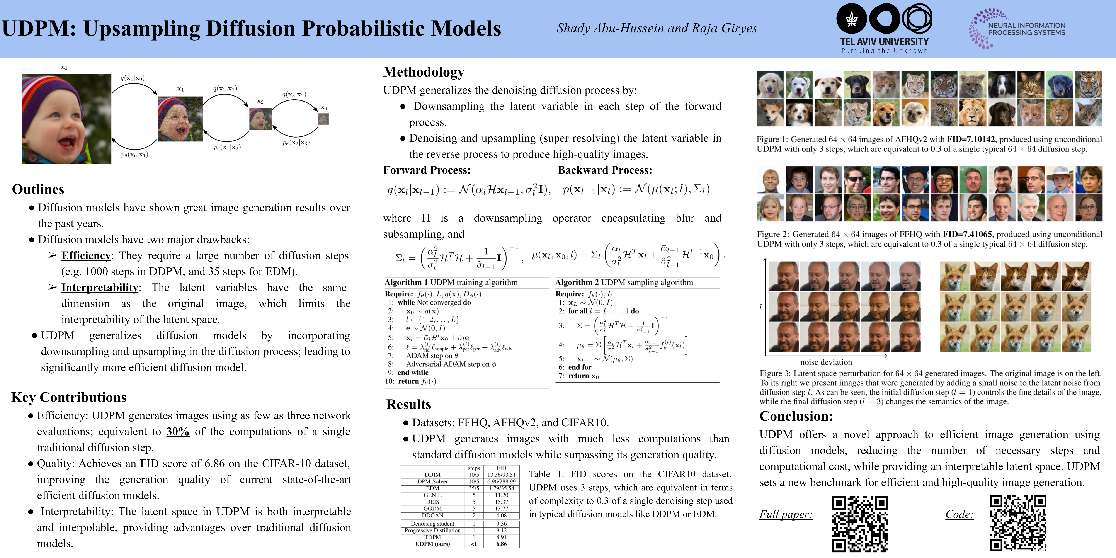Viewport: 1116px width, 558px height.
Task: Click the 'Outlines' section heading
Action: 38,189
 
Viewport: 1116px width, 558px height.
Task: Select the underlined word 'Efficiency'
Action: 86,256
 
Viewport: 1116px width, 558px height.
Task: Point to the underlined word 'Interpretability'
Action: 100,288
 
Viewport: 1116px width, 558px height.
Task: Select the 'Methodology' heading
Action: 424,72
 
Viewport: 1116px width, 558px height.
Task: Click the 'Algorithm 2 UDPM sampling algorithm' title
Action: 624,282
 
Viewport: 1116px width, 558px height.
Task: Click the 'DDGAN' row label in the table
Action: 432,515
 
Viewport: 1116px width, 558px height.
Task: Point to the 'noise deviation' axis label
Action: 826,362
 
